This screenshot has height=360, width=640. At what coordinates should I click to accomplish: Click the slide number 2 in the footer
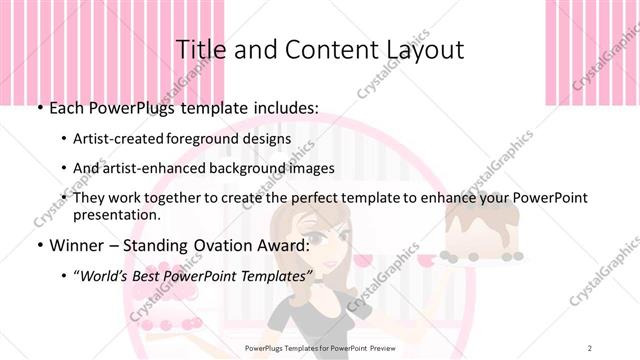591,346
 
